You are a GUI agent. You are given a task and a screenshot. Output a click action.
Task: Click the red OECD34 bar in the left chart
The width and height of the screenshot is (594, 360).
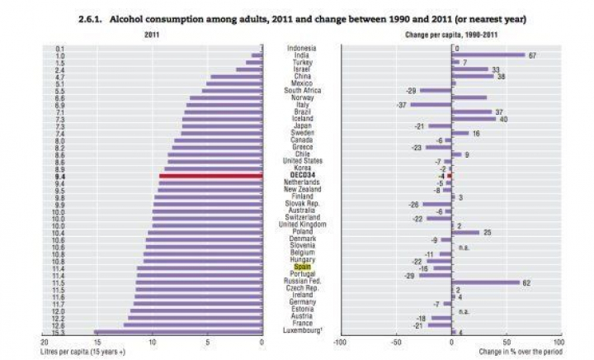click(x=210, y=176)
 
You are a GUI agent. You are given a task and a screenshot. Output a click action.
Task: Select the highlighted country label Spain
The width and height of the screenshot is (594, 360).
click(x=301, y=268)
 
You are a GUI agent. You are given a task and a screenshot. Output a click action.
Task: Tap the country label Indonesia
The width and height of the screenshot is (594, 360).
click(x=301, y=48)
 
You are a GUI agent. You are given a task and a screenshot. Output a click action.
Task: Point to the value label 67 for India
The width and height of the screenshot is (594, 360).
click(x=533, y=55)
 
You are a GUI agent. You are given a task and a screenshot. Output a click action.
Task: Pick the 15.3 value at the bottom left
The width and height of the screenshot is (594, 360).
click(x=59, y=331)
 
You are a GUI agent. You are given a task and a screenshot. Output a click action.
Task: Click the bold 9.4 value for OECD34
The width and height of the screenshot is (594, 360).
click(x=59, y=176)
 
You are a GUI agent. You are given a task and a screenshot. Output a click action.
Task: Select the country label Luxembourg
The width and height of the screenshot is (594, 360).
click(x=301, y=331)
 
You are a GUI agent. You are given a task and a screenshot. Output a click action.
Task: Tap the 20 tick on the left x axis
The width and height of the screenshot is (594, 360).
click(x=43, y=342)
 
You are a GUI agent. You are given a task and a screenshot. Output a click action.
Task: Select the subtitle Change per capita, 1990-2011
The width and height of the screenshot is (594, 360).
click(x=450, y=36)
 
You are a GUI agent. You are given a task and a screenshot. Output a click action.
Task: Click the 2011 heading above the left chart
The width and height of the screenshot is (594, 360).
click(x=151, y=36)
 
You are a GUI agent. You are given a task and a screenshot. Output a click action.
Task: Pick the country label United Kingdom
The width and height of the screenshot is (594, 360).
click(x=301, y=224)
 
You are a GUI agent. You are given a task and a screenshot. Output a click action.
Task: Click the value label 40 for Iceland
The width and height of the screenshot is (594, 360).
click(x=503, y=119)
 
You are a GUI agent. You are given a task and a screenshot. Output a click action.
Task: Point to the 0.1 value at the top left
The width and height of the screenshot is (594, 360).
click(x=59, y=48)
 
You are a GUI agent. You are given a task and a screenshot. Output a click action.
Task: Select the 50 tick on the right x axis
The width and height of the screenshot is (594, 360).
click(x=506, y=342)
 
